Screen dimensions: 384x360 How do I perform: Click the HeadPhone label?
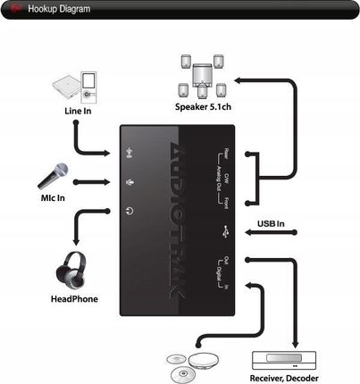pos(75,299)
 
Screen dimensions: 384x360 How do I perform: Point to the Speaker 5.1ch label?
pos(204,107)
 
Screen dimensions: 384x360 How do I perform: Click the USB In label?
pos(271,223)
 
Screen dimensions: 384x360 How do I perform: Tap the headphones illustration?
pos(75,268)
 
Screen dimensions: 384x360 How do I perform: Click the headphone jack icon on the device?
pos(130,212)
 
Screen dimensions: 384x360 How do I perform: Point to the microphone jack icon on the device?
pos(131,183)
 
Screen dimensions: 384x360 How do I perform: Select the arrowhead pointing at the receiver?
pos(296,345)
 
